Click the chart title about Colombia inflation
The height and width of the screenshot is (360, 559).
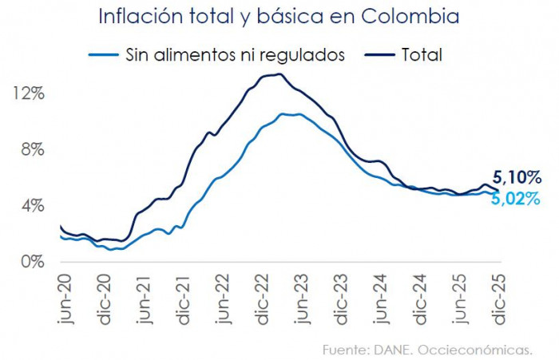[279, 17]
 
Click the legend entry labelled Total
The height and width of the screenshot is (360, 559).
[422, 54]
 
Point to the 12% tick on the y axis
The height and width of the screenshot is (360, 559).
[29, 93]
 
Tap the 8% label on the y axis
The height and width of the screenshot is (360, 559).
[33, 149]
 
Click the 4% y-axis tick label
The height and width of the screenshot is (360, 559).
[33, 206]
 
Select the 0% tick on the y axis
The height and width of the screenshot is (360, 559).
[33, 262]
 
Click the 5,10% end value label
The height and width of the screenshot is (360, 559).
[517, 176]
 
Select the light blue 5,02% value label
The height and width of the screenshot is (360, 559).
[517, 199]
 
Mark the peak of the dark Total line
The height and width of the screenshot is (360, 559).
[279, 74]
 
